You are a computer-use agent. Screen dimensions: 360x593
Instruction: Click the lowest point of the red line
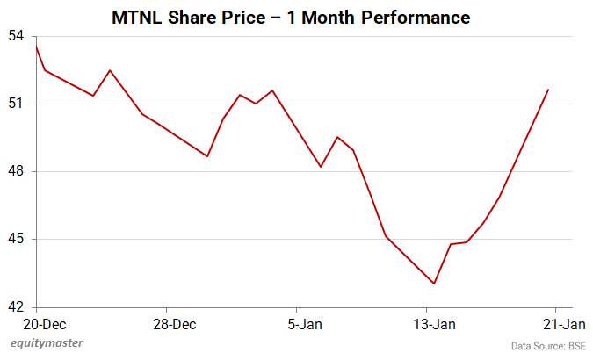click(x=434, y=284)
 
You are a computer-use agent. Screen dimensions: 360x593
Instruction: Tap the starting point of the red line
click(x=36, y=46)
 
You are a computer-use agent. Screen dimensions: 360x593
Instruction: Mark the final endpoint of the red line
click(x=548, y=90)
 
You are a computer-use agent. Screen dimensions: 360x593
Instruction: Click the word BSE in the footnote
click(x=576, y=346)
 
